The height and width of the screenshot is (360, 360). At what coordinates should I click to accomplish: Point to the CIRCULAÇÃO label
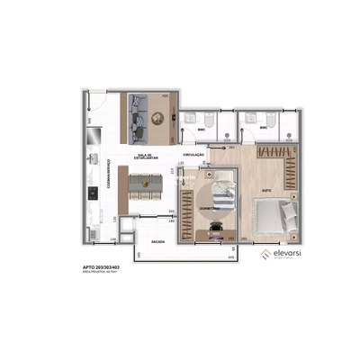pyautogui.click(x=194, y=155)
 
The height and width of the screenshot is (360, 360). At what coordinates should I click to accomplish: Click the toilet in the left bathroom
pyautogui.click(x=206, y=121)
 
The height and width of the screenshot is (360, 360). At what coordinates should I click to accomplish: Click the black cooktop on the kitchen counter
pyautogui.click(x=94, y=193)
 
